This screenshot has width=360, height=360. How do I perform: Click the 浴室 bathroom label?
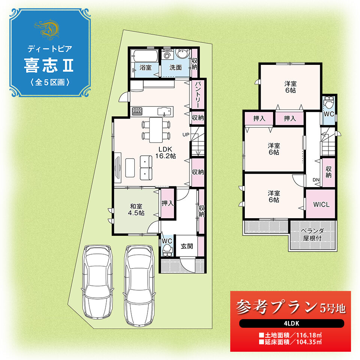[145, 67]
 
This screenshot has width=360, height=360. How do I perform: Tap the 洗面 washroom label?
[175, 67]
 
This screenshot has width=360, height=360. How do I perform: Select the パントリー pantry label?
[198, 94]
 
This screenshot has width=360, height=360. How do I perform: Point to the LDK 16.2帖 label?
[165, 153]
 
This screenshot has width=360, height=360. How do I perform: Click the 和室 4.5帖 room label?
[136, 209]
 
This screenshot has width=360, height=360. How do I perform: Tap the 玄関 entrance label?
[187, 246]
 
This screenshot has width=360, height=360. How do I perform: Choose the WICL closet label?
[321, 204]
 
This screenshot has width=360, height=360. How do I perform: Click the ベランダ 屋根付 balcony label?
[312, 234]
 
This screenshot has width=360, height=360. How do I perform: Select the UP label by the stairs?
[186, 135]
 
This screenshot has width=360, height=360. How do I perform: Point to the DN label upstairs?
[316, 180]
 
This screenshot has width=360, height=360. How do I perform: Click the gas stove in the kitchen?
[137, 111]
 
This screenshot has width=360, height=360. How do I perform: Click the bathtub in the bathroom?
[144, 56]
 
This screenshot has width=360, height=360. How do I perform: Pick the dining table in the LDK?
[156, 130]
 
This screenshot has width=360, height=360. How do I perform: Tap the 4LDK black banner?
[292, 323]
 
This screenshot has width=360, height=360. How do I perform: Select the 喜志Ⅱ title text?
[49, 65]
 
